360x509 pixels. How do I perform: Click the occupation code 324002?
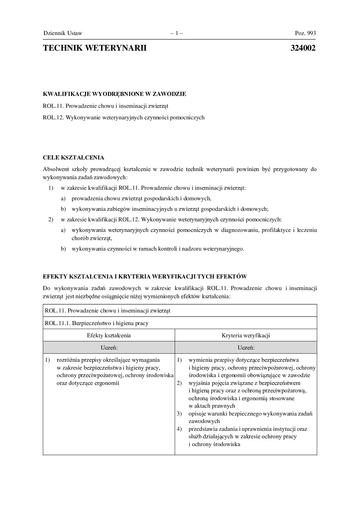click(x=303, y=48)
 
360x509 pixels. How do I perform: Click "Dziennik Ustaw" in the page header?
click(x=63, y=33)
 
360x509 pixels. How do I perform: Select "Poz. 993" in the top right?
click(x=305, y=33)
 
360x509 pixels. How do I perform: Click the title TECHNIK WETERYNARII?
click(x=95, y=48)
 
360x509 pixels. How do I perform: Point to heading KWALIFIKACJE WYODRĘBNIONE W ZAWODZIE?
click(x=115, y=94)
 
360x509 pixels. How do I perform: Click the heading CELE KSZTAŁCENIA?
click(x=73, y=158)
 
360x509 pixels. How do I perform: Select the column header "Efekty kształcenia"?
click(x=109, y=335)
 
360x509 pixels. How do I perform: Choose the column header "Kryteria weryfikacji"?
click(x=246, y=335)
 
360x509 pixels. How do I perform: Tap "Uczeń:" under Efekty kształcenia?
click(x=109, y=347)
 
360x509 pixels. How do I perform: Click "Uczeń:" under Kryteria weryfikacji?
click(x=246, y=347)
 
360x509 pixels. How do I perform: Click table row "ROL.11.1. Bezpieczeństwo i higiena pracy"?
click(x=97, y=323)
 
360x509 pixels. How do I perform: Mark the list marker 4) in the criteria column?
click(x=179, y=429)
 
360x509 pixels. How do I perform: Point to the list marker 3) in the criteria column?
click(x=179, y=414)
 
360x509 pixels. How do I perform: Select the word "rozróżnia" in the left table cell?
click(x=68, y=360)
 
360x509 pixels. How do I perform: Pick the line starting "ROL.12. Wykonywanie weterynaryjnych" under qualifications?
click(x=124, y=118)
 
